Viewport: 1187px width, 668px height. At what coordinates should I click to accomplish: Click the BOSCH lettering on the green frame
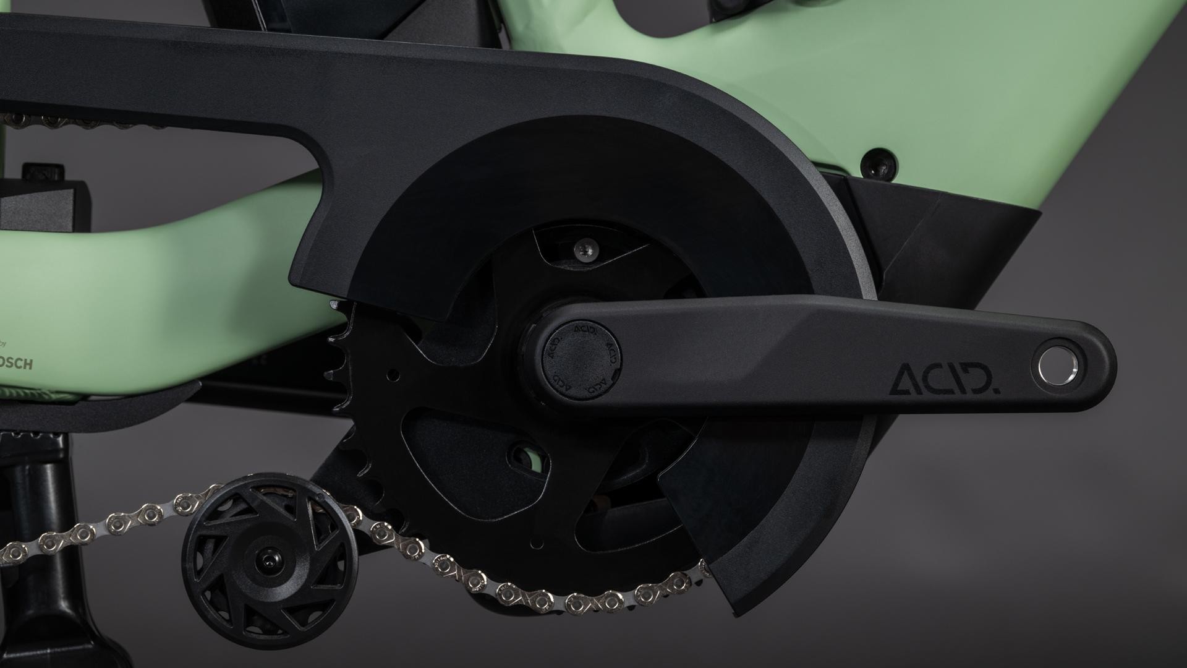coord(18,364)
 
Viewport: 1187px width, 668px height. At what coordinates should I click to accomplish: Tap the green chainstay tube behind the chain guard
coord(155,247)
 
